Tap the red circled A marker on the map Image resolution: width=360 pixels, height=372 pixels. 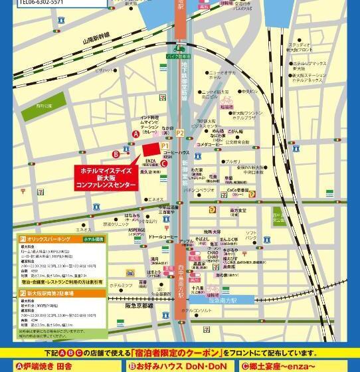pyautogui.click(x=135, y=134)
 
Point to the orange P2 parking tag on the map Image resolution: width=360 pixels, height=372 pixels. pyautogui.click(x=180, y=133)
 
